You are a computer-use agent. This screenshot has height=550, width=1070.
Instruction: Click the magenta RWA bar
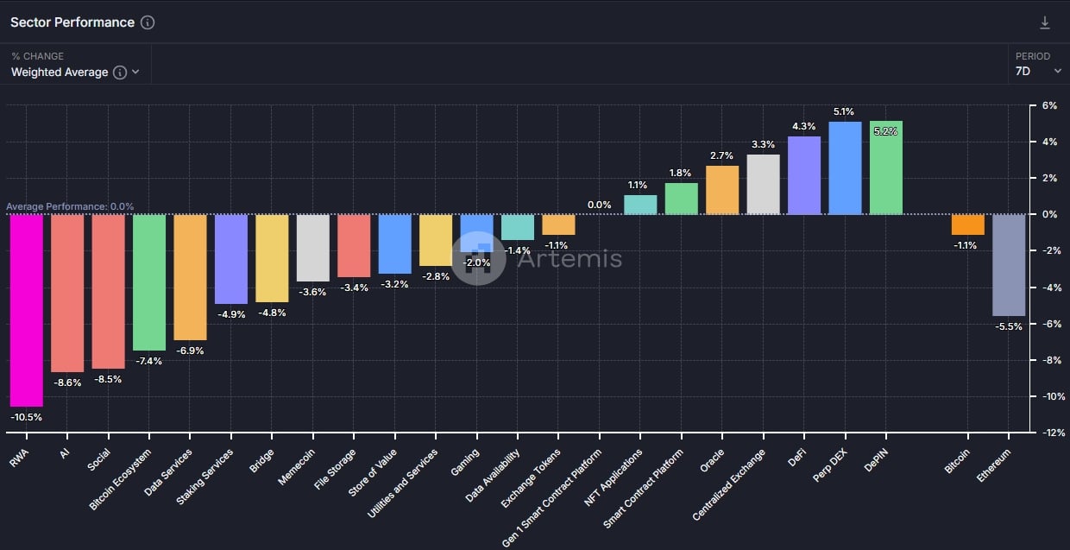tap(26, 310)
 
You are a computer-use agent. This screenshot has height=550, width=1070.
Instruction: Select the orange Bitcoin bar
tap(967, 224)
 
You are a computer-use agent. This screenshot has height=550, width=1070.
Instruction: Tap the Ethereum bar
tap(1009, 265)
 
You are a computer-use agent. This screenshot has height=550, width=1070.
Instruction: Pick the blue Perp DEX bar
tap(845, 168)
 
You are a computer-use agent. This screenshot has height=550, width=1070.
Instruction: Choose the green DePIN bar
tap(885, 168)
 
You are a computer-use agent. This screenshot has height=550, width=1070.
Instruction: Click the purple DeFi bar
tap(804, 175)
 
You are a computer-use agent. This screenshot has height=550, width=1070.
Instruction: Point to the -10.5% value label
tap(26, 417)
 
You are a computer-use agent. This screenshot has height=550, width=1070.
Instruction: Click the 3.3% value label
tap(763, 144)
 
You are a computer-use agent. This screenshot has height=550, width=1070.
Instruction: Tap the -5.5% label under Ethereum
tap(1009, 326)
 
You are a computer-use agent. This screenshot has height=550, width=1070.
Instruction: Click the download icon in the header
tap(1045, 22)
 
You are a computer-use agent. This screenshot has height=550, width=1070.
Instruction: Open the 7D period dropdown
tap(1038, 72)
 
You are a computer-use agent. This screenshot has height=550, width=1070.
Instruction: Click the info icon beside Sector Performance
tap(148, 22)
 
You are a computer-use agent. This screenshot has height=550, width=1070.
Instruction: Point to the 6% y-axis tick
tap(1049, 105)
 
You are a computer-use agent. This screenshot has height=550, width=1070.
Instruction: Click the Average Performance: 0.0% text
tap(70, 206)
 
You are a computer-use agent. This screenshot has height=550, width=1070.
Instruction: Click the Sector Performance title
tap(72, 22)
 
